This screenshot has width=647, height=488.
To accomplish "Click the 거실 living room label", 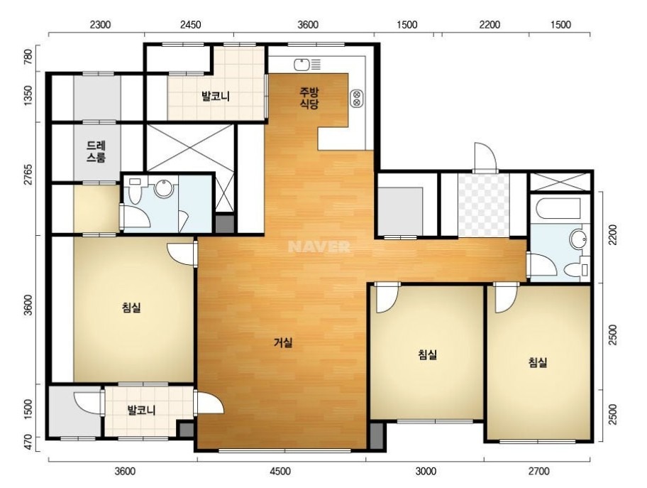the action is point(283,342).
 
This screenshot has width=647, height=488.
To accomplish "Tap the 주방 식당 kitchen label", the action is point(309,98).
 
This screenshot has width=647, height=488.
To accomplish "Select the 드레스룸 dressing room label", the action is point(96,151).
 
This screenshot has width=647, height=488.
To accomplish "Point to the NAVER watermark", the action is point(319,247).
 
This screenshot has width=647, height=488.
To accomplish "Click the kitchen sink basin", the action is point(302,65).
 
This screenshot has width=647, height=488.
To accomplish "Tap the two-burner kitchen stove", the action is point(357,98).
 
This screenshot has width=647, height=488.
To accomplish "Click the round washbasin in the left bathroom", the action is point(164,188).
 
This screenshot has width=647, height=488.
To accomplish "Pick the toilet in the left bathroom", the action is point(135,190).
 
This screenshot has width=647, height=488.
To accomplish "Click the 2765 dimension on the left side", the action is point(28,178).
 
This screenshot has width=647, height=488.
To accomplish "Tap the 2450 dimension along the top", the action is point(190,25).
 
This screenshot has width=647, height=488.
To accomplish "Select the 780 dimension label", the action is point(28,57).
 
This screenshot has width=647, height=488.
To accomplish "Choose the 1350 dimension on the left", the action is point(28,97).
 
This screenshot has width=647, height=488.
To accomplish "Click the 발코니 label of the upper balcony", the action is point(216,97).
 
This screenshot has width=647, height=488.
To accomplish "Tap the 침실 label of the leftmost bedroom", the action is point(132,308).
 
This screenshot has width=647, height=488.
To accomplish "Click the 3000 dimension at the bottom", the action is point(425,471).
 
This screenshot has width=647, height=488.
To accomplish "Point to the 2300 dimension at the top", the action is point(100,25).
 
